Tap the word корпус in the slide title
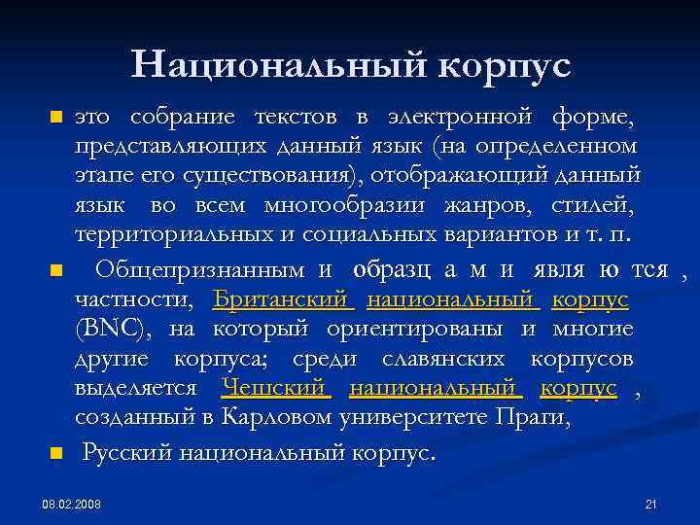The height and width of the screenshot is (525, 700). [x=504, y=66]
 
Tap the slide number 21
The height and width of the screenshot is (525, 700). [x=651, y=504]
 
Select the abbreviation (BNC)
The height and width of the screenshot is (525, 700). [x=113, y=329]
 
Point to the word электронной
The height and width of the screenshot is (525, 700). [x=459, y=118]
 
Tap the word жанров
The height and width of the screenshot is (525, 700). [x=475, y=205]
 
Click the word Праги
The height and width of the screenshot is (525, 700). [x=537, y=418]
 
